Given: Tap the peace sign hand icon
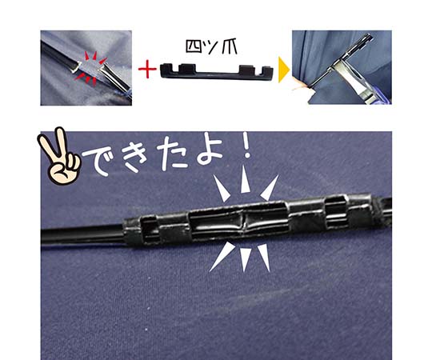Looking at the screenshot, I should [x=60, y=158].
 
